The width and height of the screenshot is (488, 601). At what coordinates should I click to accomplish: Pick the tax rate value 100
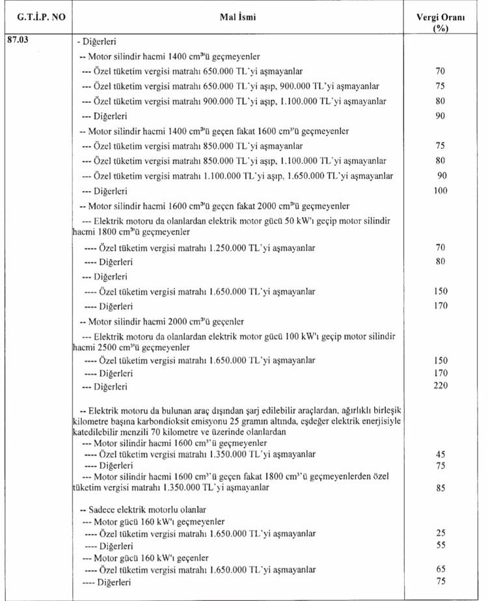point(440,191)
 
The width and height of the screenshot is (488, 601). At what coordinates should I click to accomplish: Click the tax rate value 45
point(440,453)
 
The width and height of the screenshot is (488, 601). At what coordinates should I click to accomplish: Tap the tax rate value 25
point(440,533)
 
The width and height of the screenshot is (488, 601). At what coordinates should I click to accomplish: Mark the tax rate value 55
point(440,544)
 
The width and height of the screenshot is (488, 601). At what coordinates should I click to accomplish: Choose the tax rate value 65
point(440,569)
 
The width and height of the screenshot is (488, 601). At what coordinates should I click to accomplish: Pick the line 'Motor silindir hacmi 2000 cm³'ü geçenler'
point(161,321)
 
